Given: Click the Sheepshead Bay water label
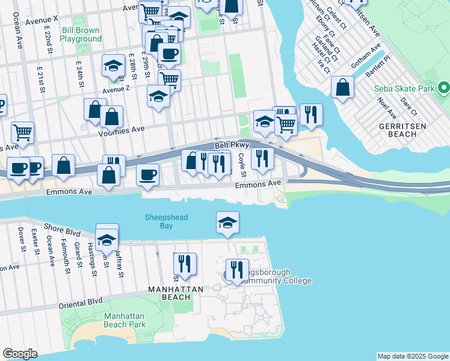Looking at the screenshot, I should pyautogui.click(x=158, y=221).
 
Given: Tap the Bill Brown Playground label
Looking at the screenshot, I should pyautogui.click(x=81, y=34).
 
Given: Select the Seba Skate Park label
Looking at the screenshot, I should pyautogui.click(x=404, y=88).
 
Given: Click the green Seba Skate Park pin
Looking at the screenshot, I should pyautogui.click(x=444, y=88).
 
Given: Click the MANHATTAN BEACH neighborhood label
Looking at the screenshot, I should pyautogui.click(x=176, y=289).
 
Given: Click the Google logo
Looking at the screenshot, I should pyautogui.click(x=20, y=354).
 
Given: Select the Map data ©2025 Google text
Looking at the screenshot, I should pyautogui.click(x=413, y=356).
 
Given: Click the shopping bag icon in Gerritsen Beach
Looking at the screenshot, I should pyautogui.click(x=342, y=87).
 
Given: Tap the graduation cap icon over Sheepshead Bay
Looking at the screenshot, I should pyautogui.click(x=227, y=222).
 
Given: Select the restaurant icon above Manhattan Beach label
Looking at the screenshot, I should pyautogui.click(x=185, y=263).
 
